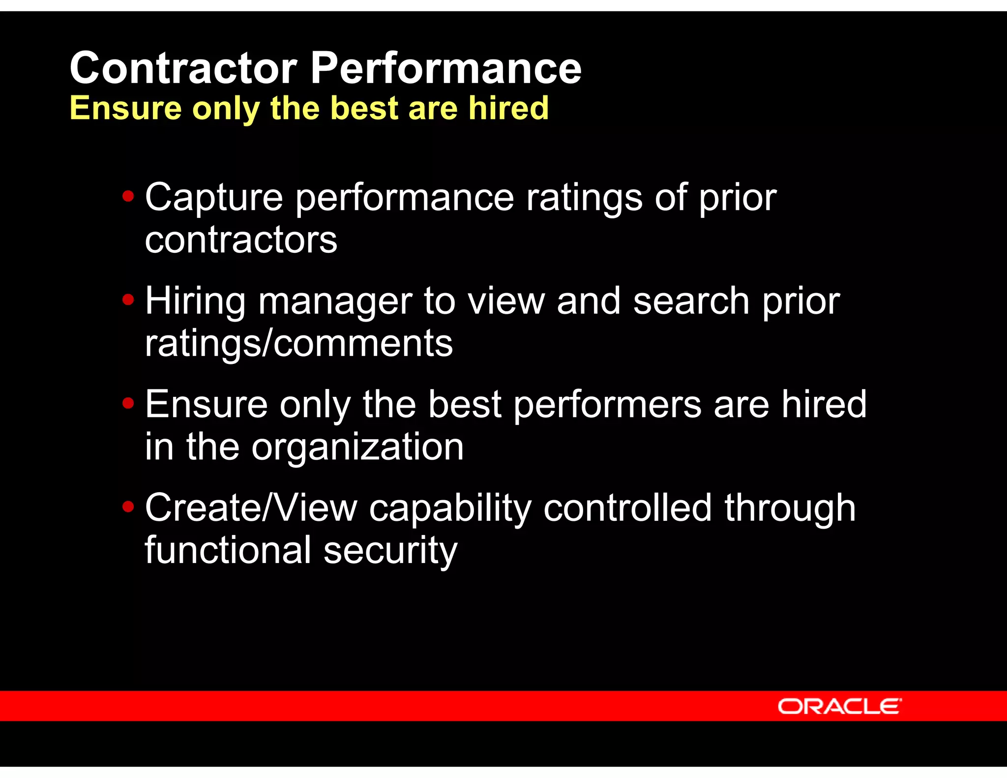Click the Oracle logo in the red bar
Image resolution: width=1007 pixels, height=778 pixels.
coord(839,707)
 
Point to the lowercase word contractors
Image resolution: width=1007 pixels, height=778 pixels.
coord(241,240)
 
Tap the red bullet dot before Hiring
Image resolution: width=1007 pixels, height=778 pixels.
coord(128,300)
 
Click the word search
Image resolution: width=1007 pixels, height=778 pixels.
coord(691,301)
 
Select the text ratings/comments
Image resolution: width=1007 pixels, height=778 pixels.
coord(298,344)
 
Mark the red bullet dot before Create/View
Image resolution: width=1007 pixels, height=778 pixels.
coord(128,507)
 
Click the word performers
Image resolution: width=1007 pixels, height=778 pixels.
coord(607,405)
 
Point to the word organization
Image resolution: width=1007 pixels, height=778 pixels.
coord(357,448)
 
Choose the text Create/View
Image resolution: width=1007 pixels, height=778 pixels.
coord(251,508)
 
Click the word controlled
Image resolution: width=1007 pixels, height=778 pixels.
coord(627,508)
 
